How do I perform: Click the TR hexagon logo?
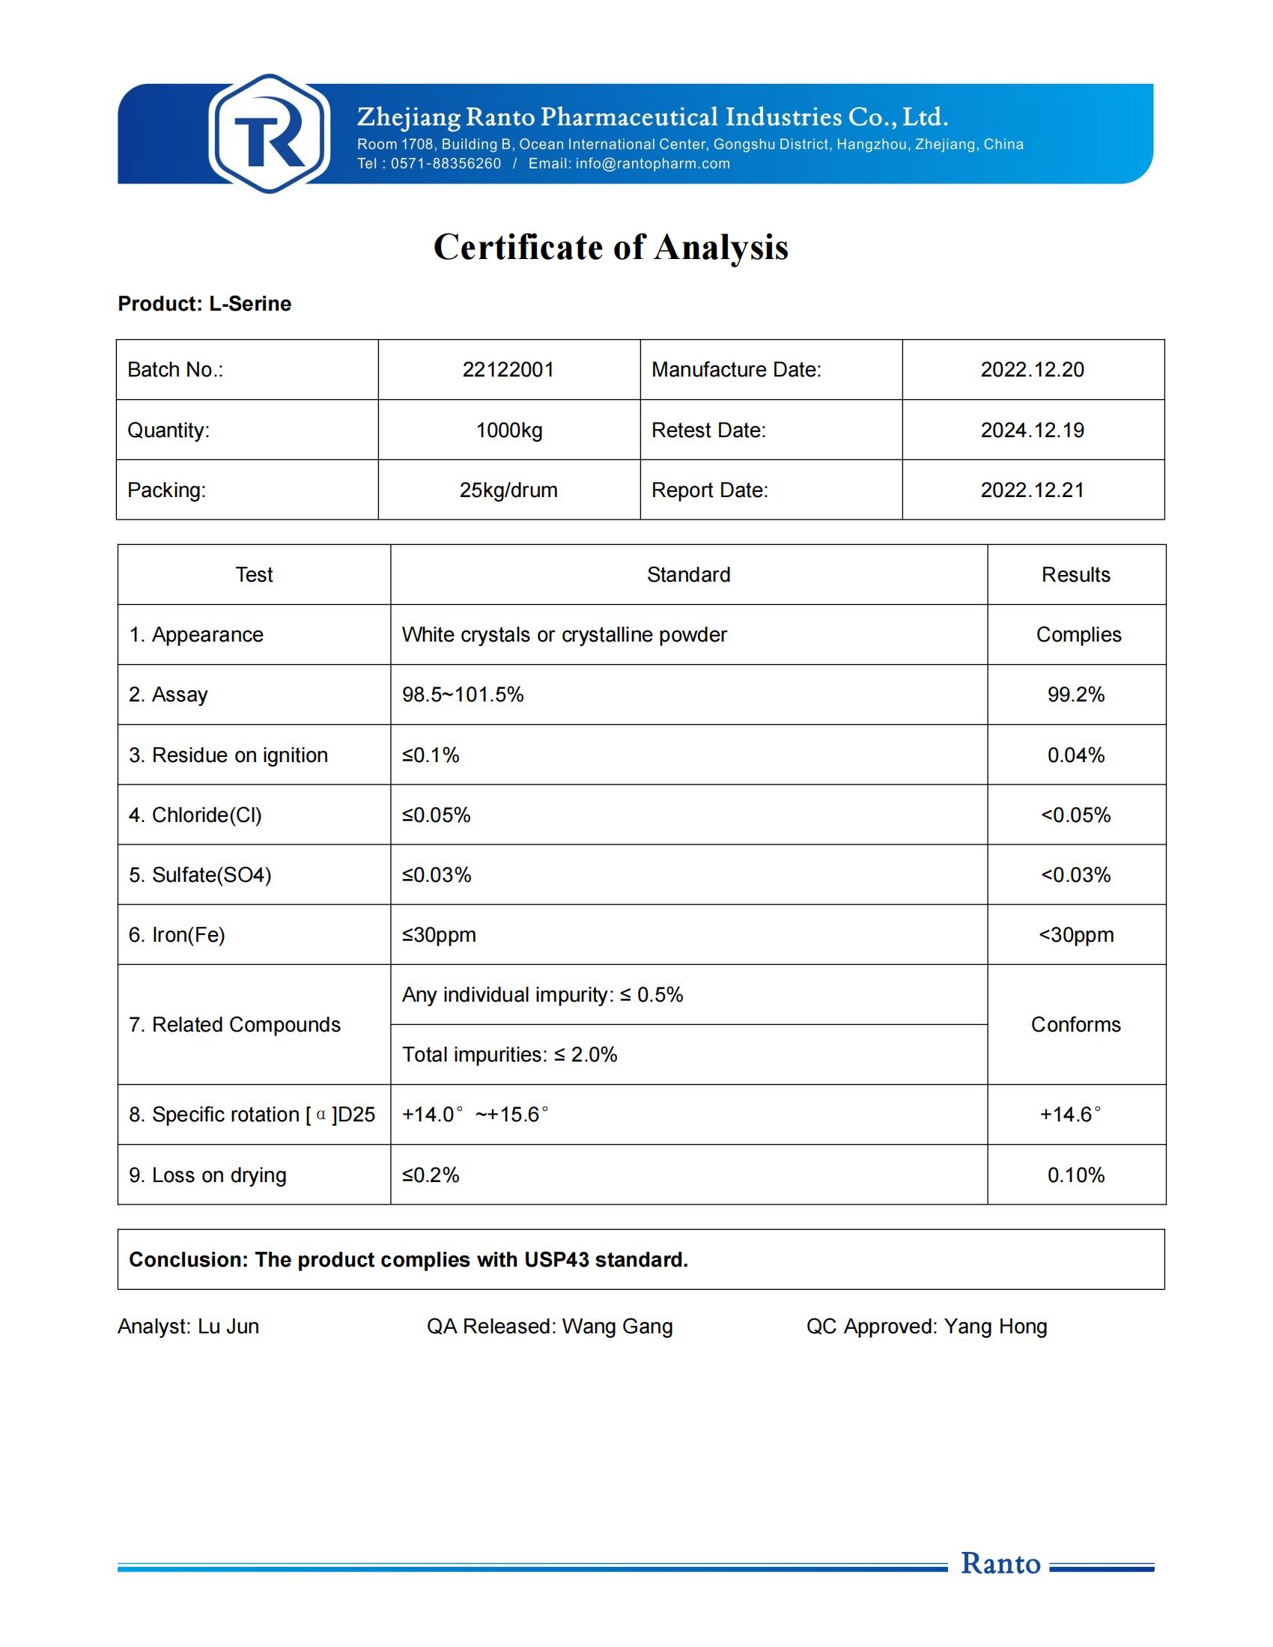click(270, 134)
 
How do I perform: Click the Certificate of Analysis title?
click(611, 247)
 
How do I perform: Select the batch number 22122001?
click(508, 370)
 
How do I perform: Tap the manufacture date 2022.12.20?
click(1032, 370)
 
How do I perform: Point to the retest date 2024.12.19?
click(1032, 430)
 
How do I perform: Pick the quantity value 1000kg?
click(509, 430)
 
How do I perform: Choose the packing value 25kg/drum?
click(508, 490)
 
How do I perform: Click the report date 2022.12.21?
click(1032, 490)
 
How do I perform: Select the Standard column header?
click(688, 575)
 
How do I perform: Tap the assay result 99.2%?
click(1075, 695)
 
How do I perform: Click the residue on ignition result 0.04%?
click(1075, 755)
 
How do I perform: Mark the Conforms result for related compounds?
click(1075, 1025)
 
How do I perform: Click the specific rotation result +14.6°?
click(1070, 1115)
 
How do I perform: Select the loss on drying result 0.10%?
click(1075, 1175)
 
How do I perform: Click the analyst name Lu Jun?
click(228, 1327)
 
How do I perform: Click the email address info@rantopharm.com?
click(652, 164)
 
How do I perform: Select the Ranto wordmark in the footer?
click(1000, 1563)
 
